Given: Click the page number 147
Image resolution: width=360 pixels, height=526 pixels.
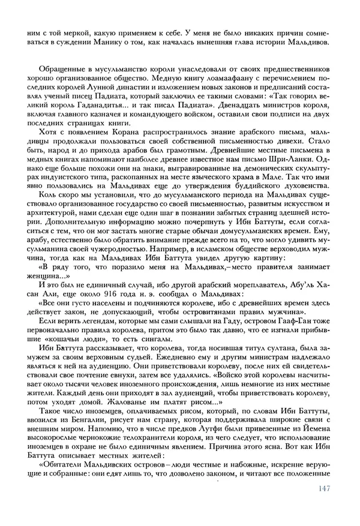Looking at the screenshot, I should click(x=322, y=505).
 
